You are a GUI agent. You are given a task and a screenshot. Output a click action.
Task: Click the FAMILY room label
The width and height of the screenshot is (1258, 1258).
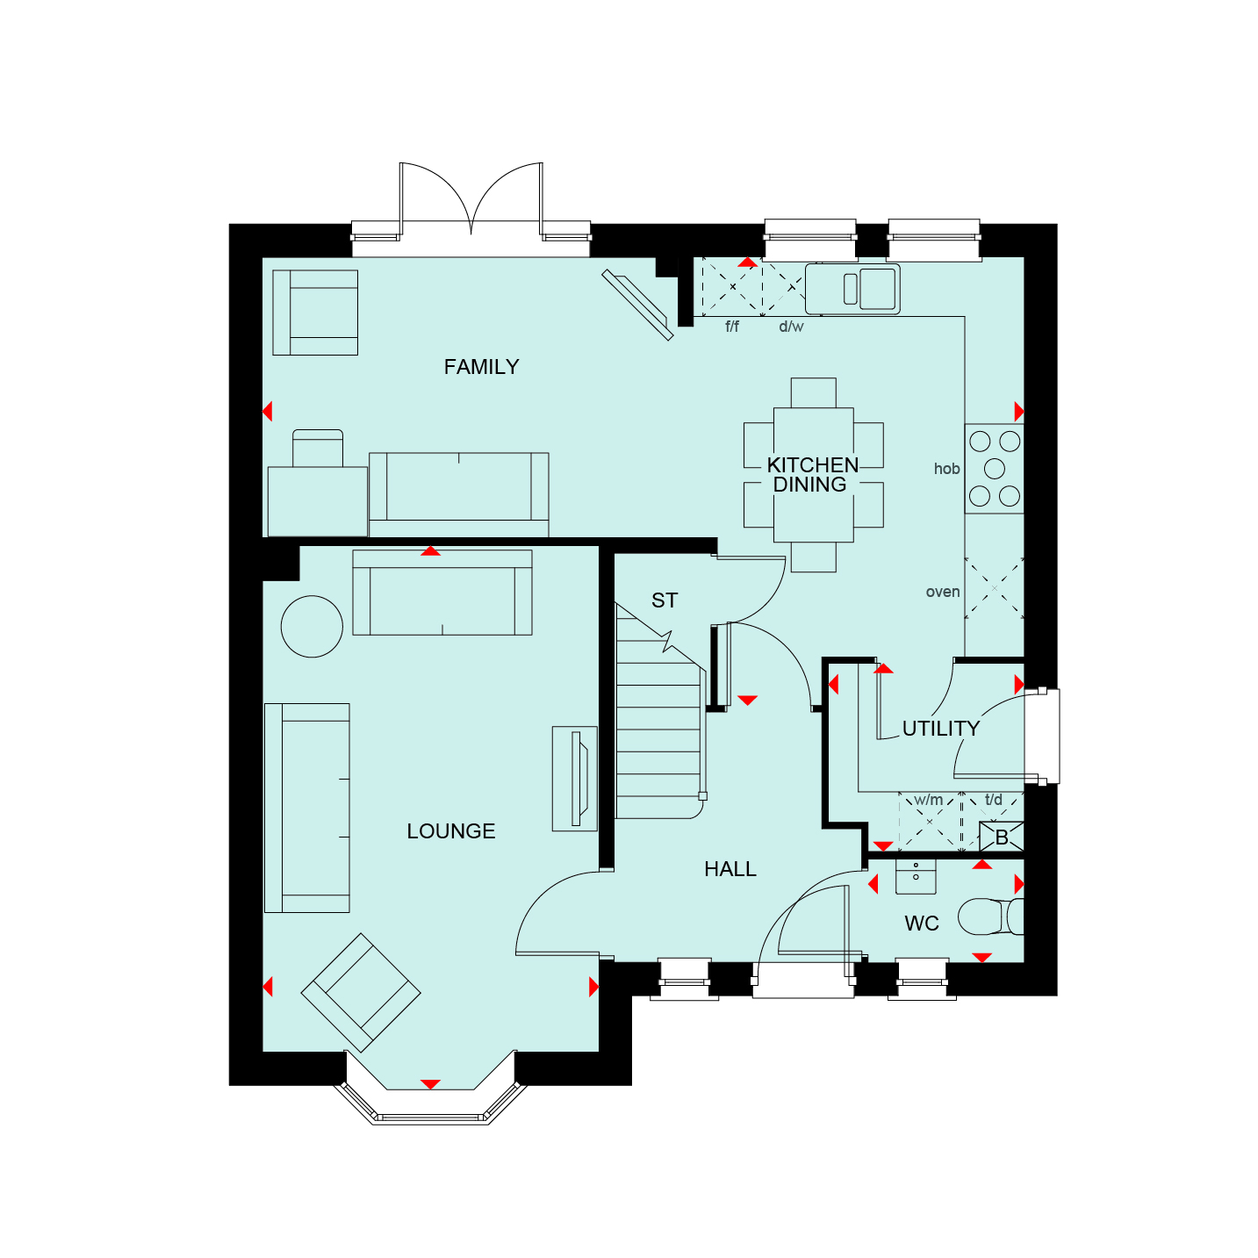481,367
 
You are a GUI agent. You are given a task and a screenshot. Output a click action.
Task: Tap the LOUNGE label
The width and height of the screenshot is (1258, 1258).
450,831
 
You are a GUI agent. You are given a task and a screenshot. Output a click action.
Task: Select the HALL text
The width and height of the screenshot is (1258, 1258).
730,869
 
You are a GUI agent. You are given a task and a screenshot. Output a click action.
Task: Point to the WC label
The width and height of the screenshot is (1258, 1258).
921,924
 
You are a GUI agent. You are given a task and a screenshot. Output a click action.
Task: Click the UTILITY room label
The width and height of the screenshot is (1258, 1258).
941,728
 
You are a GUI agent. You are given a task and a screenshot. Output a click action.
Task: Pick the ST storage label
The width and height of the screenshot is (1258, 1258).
665,600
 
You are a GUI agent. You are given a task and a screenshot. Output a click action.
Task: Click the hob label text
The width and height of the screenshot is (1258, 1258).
946,469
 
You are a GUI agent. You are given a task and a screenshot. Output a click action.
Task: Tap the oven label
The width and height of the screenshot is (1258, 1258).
943,592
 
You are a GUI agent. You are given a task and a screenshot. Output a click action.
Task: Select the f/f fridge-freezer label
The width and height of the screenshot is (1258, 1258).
732,327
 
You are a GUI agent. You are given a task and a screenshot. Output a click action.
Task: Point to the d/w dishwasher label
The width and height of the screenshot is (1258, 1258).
791,327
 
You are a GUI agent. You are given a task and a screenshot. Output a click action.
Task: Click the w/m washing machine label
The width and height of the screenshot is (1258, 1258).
928,800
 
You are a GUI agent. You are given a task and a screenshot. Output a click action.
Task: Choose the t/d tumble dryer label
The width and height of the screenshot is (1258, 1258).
994,799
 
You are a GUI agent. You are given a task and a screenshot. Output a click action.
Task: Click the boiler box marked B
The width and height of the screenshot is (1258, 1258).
1002,837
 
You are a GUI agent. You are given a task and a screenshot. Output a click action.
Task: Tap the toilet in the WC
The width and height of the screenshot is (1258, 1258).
990,917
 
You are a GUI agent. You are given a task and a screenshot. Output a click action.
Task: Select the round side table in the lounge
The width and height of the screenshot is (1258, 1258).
312,627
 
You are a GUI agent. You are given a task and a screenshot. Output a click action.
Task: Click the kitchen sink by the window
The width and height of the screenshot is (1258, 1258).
852,289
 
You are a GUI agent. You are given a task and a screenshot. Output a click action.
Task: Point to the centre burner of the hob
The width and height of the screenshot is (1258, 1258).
995,468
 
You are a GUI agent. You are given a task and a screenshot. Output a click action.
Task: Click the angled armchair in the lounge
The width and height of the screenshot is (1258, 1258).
360,992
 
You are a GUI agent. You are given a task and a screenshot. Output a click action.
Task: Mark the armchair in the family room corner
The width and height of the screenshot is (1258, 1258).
315,313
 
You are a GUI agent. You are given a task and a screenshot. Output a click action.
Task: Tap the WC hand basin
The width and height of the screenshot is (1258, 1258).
916,877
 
